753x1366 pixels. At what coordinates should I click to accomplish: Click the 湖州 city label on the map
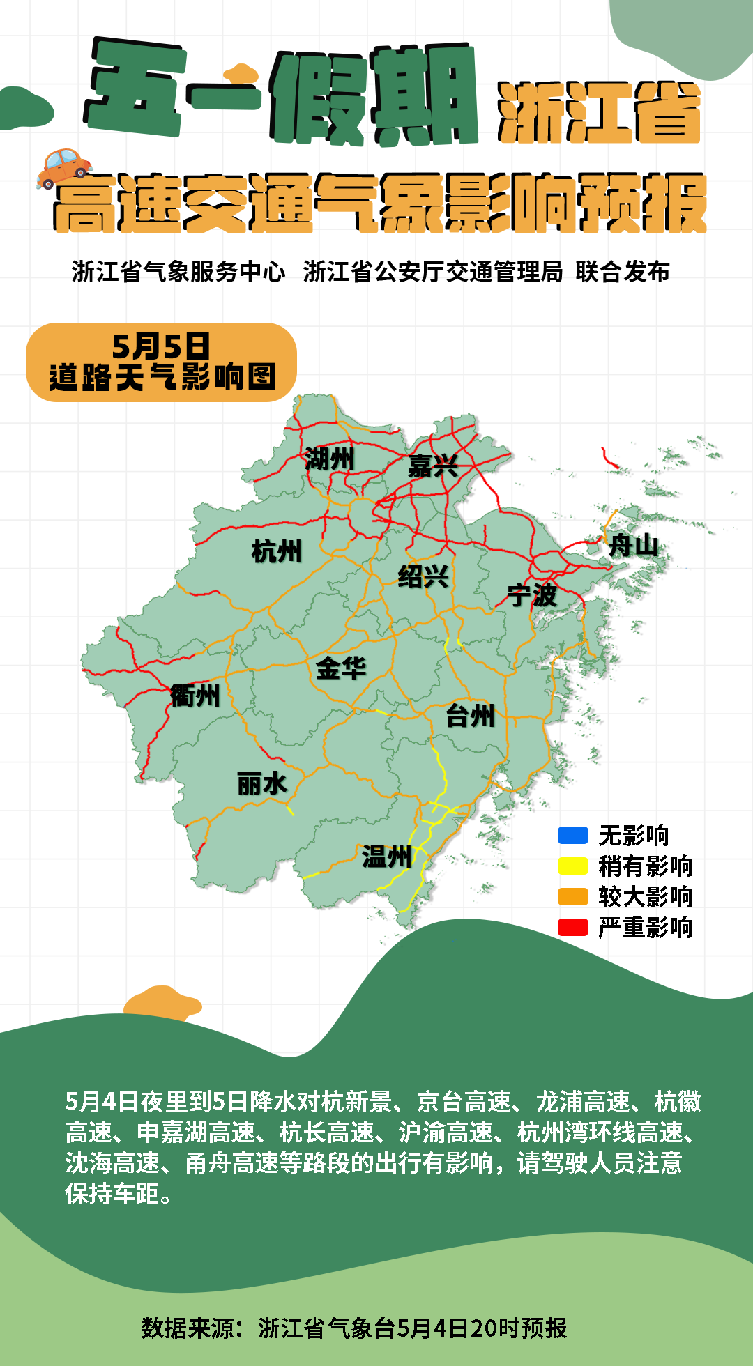click(329, 459)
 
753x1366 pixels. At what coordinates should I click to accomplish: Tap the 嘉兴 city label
click(433, 466)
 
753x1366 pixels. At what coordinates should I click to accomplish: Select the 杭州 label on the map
click(277, 551)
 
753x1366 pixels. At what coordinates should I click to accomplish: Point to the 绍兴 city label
click(423, 576)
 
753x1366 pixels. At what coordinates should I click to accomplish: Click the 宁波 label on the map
click(532, 594)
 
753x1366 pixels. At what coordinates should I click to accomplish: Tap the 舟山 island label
click(633, 545)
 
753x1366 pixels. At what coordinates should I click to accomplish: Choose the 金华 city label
click(341, 668)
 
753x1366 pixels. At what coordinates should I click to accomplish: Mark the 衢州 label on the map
click(195, 695)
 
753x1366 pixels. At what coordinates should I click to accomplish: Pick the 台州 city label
click(471, 715)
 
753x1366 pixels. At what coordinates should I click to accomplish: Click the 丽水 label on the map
click(262, 784)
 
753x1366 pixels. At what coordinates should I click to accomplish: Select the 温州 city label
click(386, 856)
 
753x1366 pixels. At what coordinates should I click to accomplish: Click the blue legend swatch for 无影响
click(572, 835)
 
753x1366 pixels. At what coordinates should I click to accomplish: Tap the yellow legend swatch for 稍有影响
click(572, 866)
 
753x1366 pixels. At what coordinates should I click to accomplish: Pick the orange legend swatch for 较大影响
click(572, 896)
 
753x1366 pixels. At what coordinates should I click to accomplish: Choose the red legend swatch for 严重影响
click(572, 927)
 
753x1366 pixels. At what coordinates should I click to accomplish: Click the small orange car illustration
click(64, 167)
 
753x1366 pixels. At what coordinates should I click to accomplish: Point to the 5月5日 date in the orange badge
click(161, 346)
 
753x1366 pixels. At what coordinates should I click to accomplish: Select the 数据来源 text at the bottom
click(188, 1328)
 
